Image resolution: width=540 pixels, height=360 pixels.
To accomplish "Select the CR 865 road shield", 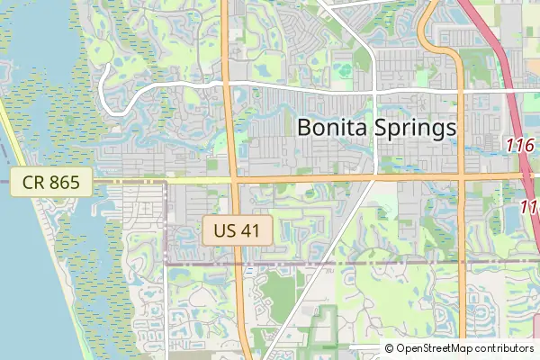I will coord(51,183).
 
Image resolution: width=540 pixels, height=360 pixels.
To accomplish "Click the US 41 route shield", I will coord(237,229).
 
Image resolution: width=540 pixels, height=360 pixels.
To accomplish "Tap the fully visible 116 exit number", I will coord(520,145).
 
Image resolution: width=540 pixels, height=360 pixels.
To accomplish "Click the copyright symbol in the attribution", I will coord(390,348).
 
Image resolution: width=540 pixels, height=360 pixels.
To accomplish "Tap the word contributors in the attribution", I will coord(505,348).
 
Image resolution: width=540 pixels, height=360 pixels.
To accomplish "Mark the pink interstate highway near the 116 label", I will coord(513,108).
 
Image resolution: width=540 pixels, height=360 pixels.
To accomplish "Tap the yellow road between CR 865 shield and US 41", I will coord(162,180).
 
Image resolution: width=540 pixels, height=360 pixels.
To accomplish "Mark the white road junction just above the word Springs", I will coord(374,91).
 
